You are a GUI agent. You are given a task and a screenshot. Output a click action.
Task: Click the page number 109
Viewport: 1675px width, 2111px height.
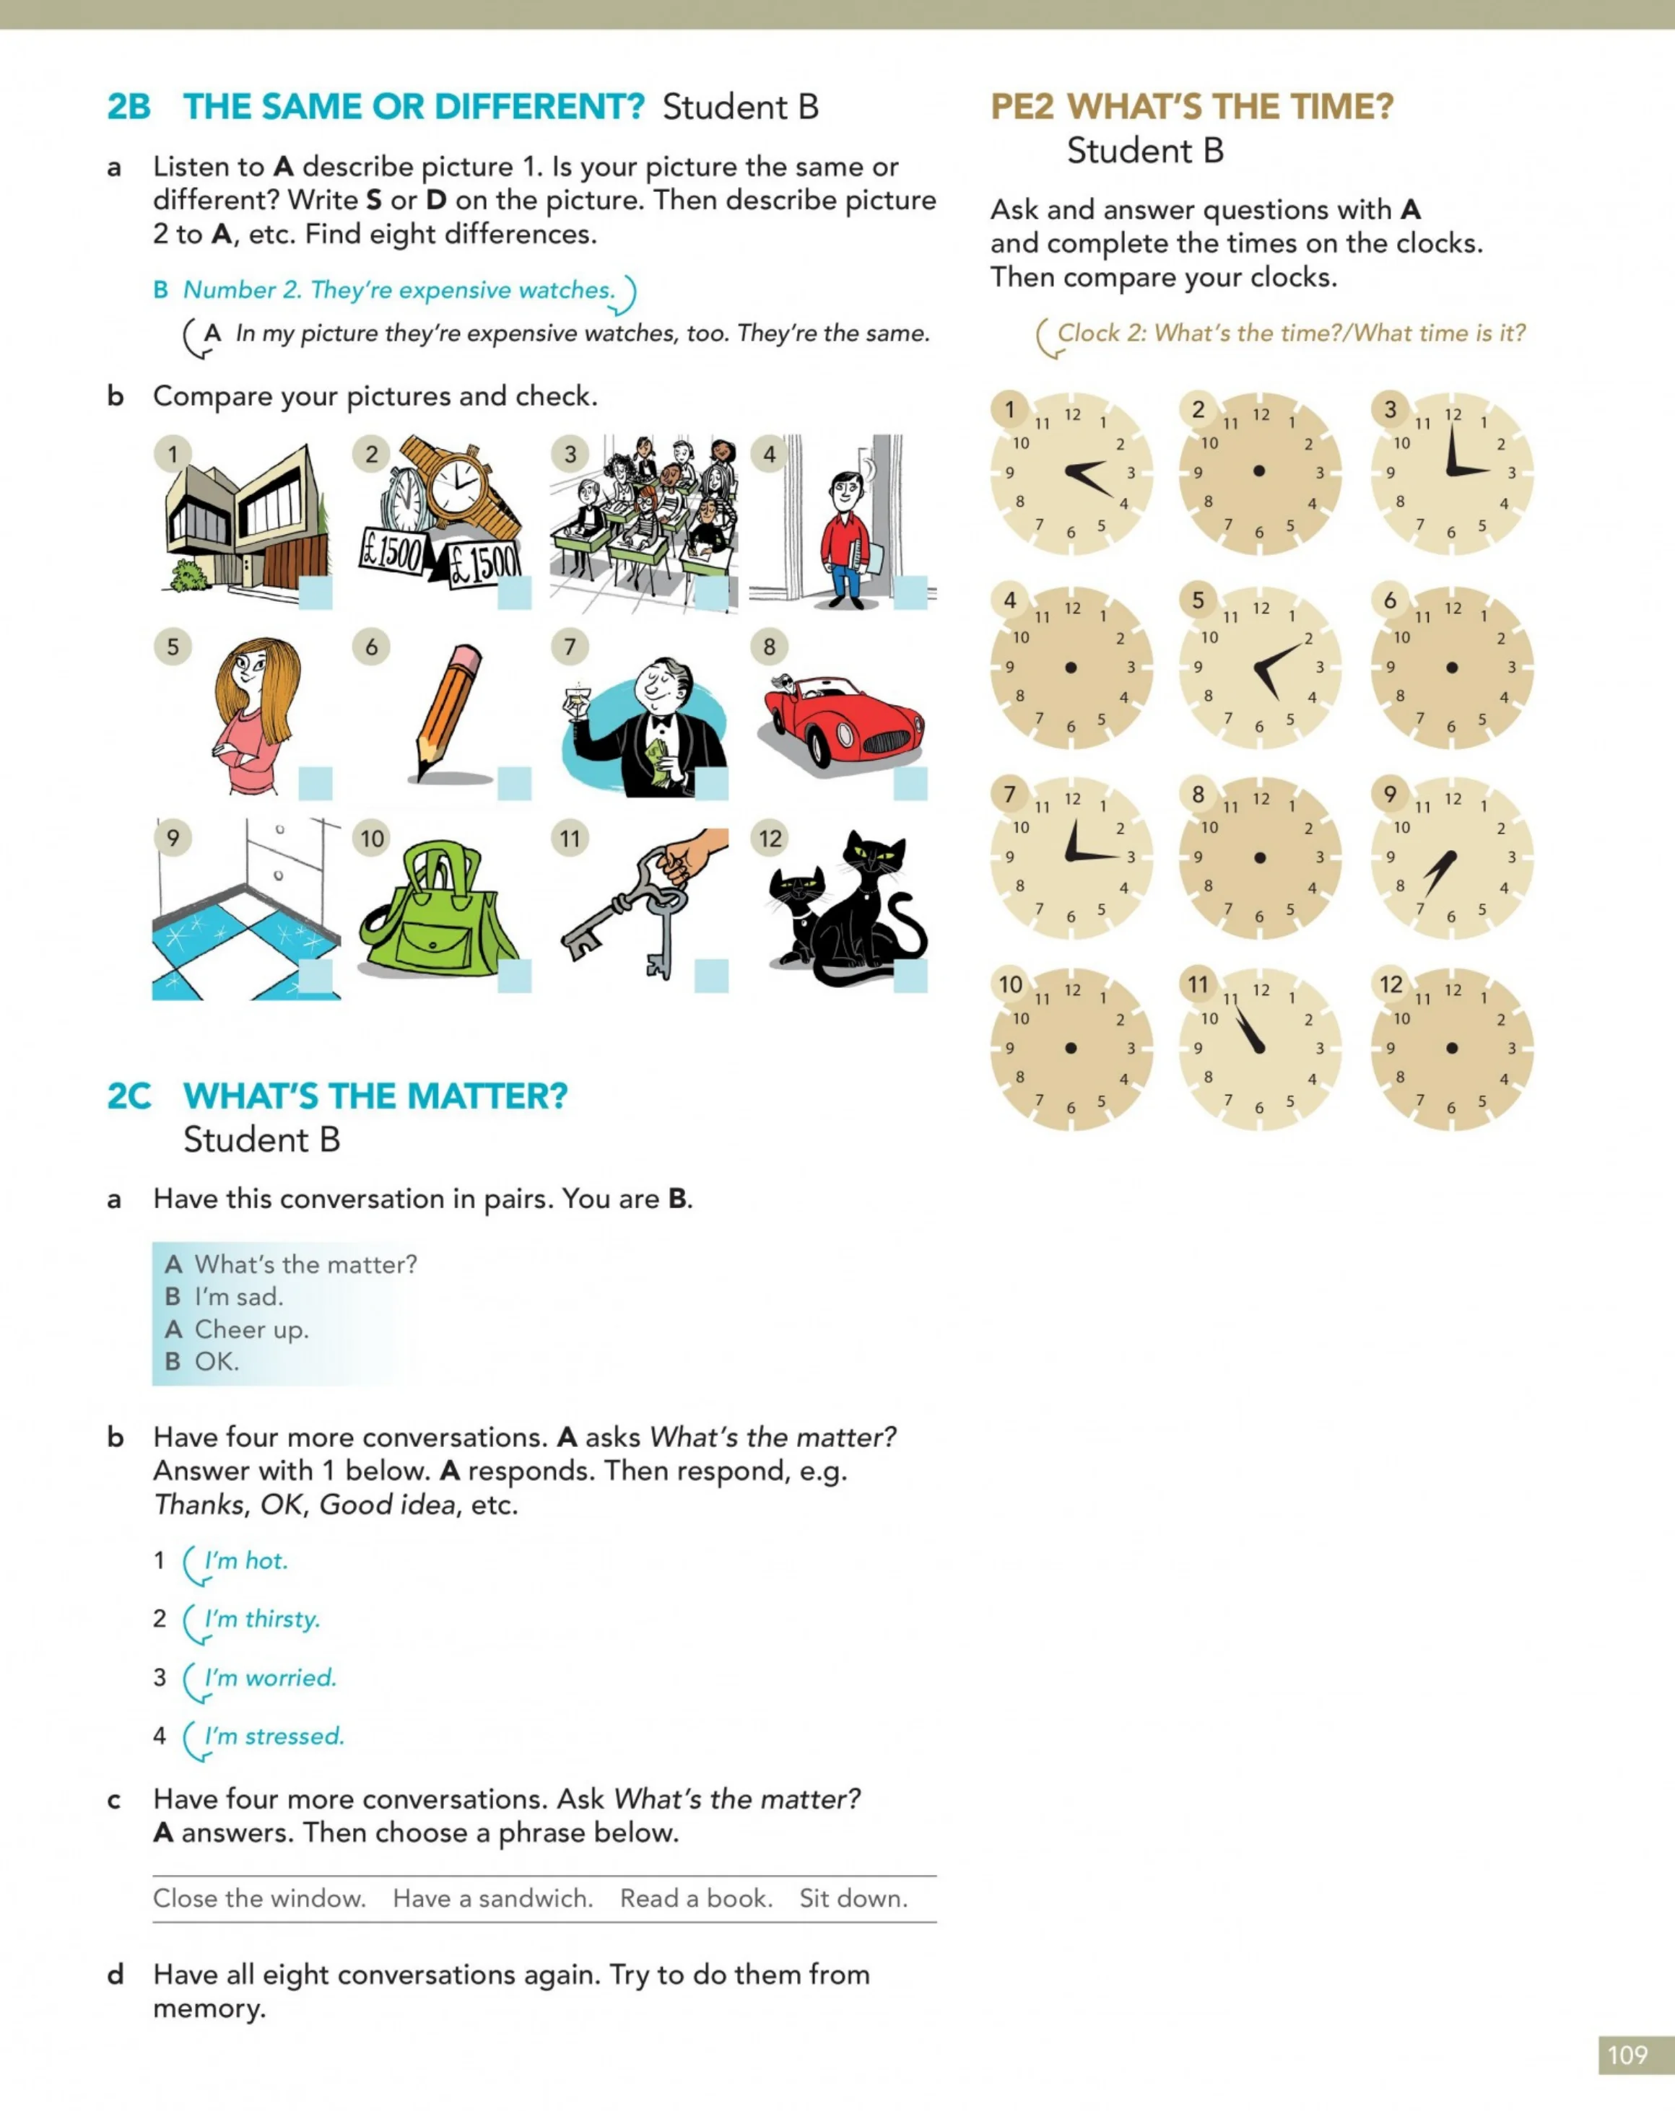1627,2054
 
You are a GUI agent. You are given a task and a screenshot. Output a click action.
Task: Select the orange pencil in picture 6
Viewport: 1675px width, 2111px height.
448,711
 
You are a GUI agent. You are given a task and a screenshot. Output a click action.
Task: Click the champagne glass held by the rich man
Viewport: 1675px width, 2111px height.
576,702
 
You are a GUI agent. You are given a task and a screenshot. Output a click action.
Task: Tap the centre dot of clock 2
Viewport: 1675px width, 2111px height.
1258,471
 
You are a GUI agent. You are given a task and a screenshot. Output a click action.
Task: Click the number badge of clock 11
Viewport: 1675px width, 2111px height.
1198,984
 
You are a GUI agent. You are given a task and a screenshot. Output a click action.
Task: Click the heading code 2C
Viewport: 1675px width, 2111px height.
129,1096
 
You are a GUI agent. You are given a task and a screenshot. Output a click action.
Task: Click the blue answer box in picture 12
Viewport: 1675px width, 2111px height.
910,975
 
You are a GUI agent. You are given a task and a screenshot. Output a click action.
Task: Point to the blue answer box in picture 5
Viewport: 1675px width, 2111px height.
316,783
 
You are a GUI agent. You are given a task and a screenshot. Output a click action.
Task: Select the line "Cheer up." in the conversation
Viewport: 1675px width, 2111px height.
252,1329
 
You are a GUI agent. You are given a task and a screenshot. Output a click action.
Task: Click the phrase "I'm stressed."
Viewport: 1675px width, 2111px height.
275,1736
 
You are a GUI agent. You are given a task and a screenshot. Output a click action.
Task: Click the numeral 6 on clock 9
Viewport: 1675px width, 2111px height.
1450,917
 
